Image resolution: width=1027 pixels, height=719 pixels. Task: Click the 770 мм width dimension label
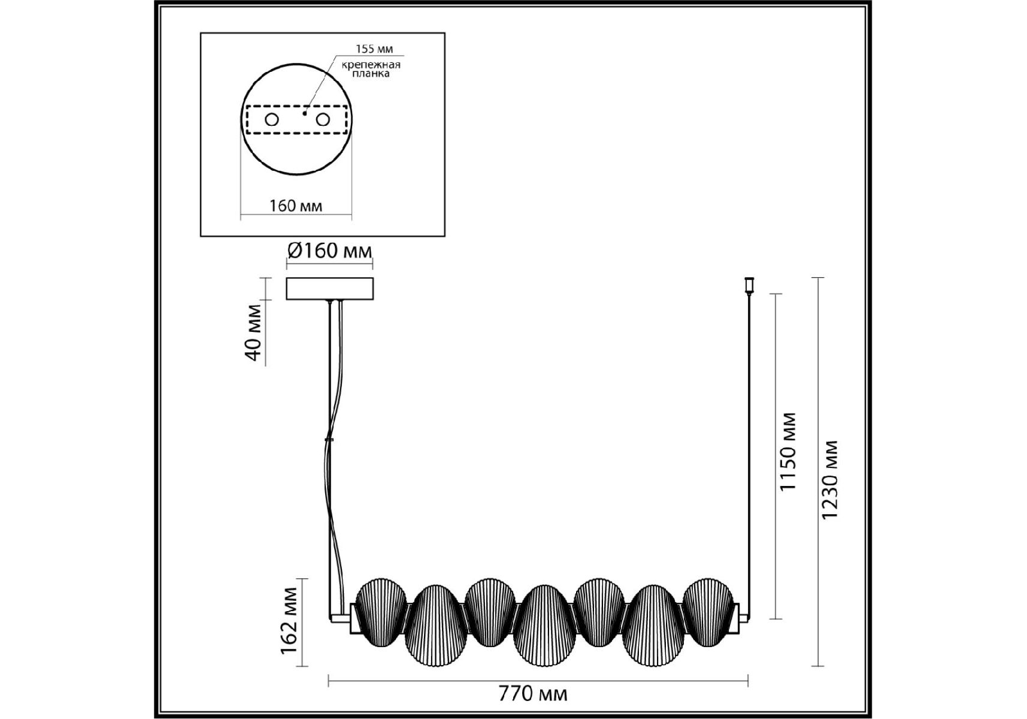[x=532, y=694]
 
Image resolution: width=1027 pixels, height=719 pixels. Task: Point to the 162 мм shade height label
[x=289, y=621]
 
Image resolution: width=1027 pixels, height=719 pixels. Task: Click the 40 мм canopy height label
[x=253, y=333]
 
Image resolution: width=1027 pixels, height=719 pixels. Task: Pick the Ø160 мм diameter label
[x=329, y=250]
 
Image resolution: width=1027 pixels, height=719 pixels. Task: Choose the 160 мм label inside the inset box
[x=296, y=206]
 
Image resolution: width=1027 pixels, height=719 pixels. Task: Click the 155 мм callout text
[x=375, y=49]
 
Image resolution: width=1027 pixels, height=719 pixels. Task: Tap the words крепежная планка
[x=371, y=69]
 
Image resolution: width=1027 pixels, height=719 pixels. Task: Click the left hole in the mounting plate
[x=272, y=120]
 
